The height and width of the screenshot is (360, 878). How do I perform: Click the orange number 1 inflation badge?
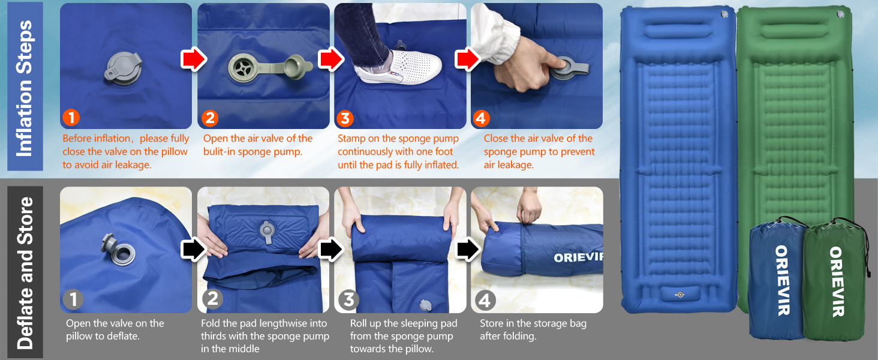point(71,118)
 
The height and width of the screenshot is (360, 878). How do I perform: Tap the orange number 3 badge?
point(345,118)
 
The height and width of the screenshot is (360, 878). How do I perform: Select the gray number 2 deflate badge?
point(212,299)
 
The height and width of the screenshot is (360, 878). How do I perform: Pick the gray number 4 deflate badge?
point(485,301)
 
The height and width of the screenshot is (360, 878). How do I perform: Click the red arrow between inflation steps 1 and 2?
point(194,59)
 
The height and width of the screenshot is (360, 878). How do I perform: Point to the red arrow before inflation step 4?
point(468,59)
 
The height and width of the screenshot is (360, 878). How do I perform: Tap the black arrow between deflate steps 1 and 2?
point(194,250)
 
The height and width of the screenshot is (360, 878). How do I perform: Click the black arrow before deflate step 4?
point(468,250)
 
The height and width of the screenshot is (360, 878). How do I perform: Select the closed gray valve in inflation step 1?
point(123,68)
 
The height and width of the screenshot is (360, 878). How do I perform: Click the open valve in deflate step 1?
point(119,250)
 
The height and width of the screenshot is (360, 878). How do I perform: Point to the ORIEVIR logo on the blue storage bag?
point(783,280)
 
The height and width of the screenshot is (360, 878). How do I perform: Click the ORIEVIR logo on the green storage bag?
point(837,281)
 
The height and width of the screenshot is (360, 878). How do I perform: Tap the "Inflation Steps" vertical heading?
point(25,88)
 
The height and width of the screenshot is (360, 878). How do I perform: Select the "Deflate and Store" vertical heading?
point(25,272)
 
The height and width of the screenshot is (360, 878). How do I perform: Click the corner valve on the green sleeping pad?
point(840,14)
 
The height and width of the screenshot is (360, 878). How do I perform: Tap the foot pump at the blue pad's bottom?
point(680,294)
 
